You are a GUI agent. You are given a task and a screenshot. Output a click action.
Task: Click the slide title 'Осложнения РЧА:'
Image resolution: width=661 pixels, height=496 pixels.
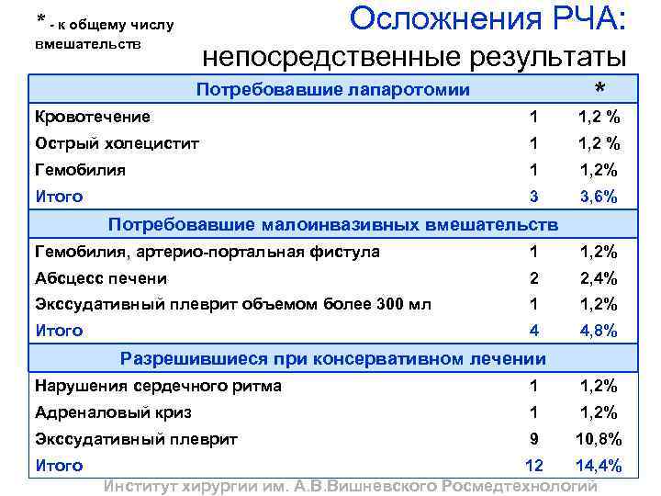tap(487, 19)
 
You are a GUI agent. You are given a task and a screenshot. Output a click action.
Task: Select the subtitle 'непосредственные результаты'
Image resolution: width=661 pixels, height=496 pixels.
tap(414, 58)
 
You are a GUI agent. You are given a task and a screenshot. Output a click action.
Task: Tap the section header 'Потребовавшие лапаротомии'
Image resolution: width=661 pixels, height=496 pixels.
tap(334, 90)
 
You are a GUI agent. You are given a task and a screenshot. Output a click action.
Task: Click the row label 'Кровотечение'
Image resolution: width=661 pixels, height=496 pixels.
tap(93, 117)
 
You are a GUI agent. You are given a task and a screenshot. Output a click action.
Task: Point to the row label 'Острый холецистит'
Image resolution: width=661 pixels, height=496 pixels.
tap(117, 143)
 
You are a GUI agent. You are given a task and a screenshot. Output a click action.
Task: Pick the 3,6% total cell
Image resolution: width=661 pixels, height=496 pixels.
tap(599, 197)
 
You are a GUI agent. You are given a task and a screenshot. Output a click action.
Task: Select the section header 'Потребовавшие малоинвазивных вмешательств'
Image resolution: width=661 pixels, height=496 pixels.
tap(333, 225)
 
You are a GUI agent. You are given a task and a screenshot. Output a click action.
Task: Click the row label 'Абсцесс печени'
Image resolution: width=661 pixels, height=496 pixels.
tap(101, 278)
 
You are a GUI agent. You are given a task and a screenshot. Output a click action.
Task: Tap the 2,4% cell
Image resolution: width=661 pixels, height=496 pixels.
tap(599, 278)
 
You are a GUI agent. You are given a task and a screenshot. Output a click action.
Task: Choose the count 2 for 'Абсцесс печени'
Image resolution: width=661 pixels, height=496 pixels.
tap(532, 278)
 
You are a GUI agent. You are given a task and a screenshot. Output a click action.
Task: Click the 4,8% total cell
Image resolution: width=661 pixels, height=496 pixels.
tap(599, 331)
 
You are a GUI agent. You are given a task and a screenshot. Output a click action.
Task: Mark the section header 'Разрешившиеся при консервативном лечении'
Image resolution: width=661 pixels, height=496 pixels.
tap(333, 358)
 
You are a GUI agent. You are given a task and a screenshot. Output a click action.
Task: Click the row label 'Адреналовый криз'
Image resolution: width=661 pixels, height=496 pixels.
tap(113, 412)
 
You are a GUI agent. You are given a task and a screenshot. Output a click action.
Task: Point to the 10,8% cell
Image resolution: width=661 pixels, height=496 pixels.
tap(599, 439)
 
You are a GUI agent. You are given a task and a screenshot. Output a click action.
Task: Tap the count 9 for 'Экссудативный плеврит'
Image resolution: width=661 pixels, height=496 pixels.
tap(532, 439)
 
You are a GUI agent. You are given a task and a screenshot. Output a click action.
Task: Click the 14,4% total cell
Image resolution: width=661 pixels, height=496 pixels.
tap(599, 466)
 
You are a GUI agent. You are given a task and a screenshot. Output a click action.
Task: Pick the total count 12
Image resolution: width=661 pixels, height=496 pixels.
tap(532, 466)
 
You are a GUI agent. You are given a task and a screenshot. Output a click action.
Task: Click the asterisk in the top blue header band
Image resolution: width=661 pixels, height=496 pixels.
tap(599, 89)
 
